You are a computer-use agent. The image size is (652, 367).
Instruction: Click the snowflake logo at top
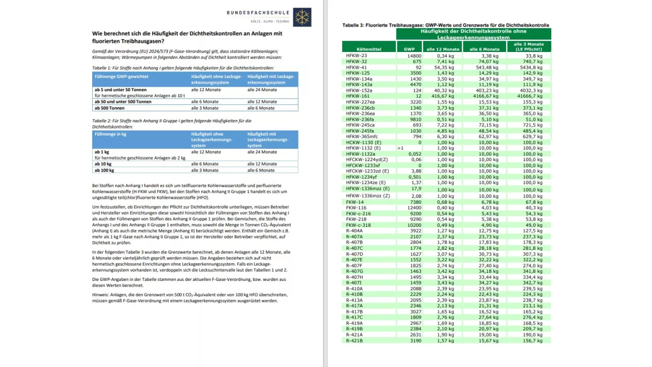click(302, 17)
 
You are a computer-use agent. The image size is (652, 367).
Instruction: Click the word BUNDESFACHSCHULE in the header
click(258, 13)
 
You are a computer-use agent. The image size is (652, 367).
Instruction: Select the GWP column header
click(409, 49)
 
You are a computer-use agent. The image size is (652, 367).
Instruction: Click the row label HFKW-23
click(357, 56)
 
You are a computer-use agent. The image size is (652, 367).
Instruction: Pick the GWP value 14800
click(414, 56)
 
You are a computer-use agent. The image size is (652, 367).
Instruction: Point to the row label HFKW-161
click(358, 96)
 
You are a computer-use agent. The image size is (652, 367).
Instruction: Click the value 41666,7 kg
click(530, 96)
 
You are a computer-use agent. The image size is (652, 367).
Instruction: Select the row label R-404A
click(355, 230)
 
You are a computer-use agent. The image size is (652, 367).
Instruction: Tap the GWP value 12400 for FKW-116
click(414, 207)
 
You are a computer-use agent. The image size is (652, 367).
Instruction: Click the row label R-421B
click(355, 340)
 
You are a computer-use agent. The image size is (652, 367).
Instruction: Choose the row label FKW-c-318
click(359, 225)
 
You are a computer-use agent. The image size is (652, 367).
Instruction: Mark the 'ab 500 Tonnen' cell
click(110, 108)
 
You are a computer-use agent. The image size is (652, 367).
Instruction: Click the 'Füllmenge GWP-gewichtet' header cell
click(122, 76)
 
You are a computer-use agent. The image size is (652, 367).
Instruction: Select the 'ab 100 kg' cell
click(104, 170)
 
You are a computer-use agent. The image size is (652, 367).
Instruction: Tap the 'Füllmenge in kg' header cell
click(111, 134)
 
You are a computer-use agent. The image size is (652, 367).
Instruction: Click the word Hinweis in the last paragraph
click(101, 295)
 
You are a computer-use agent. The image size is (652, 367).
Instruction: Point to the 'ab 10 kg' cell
click(103, 164)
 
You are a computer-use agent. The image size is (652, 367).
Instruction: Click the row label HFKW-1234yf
click(362, 177)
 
